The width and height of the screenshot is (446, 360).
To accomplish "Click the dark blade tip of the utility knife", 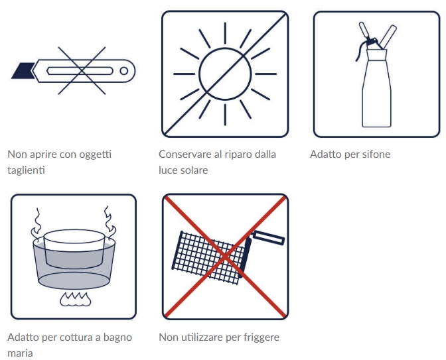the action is [22, 71].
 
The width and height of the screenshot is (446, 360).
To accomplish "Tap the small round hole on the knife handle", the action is [123, 71].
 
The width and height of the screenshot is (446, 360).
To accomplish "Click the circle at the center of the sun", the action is [225, 74].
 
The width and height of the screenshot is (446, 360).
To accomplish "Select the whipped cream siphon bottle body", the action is [376, 88].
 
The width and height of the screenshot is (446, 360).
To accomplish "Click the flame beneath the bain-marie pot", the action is [76, 299].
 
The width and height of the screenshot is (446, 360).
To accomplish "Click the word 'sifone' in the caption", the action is [376, 154].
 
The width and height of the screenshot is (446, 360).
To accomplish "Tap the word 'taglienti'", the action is [26, 170].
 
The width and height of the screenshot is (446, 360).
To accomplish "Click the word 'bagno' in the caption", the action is [117, 337].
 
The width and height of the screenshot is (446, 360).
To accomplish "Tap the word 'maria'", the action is [20, 353].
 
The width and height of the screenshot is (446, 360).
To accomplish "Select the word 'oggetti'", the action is [96, 155].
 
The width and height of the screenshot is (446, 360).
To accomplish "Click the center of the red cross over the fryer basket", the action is [225, 257].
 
